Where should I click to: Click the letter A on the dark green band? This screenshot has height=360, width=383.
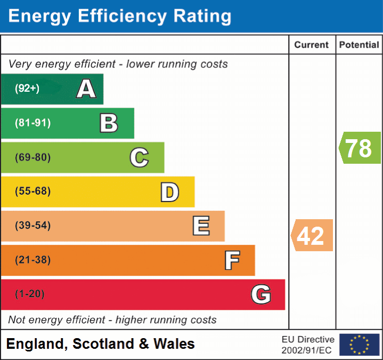(86, 89)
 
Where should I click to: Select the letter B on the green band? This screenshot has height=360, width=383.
(109, 123)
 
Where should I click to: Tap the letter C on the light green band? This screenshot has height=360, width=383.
(139, 157)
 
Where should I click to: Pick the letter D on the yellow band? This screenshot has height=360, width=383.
(169, 192)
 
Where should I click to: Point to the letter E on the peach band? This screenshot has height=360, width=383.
(200, 226)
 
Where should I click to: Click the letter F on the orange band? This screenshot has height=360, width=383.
(231, 260)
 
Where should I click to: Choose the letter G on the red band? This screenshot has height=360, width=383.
(261, 294)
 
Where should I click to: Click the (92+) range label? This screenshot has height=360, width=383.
(27, 89)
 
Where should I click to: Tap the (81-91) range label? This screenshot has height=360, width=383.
(33, 123)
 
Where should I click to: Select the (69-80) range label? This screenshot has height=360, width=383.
(33, 157)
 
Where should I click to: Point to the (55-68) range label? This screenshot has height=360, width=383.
(33, 191)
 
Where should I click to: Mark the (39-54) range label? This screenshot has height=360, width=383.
(33, 226)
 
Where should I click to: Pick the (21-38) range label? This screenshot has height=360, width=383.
(33, 260)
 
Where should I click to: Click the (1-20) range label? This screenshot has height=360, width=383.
(30, 294)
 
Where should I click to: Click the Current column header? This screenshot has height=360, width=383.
(312, 45)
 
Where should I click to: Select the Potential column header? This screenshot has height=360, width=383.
(359, 45)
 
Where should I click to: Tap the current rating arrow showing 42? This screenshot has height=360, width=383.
(312, 235)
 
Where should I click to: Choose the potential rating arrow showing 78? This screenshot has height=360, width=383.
(360, 148)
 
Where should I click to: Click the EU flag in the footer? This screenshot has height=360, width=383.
(359, 345)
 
